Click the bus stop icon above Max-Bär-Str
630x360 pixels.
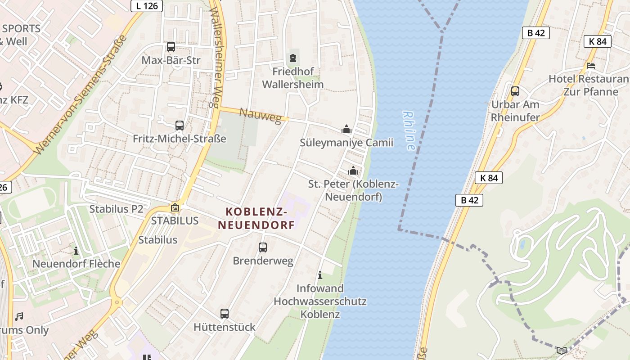click(x=171, y=47)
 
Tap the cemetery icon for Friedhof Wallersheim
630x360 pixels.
click(x=293, y=58)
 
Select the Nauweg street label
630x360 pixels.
click(x=263, y=116)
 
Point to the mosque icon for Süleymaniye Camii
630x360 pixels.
click(x=346, y=130)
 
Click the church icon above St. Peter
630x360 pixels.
click(x=353, y=171)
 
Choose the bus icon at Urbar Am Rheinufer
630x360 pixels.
click(x=515, y=91)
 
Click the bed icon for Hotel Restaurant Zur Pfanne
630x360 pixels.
click(x=591, y=66)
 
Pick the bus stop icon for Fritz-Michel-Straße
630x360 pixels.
click(x=180, y=126)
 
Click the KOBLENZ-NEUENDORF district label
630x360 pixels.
click(x=256, y=218)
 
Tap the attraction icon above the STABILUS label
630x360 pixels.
click(x=175, y=208)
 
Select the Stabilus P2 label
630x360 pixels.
click(x=116, y=209)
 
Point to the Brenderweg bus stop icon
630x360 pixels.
click(x=263, y=247)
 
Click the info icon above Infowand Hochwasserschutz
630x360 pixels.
click(x=320, y=275)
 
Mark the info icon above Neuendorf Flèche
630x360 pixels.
click(x=76, y=250)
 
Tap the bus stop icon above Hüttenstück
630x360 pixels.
click(x=225, y=314)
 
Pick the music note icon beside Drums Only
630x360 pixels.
click(x=19, y=317)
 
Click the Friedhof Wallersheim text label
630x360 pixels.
click(x=293, y=78)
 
